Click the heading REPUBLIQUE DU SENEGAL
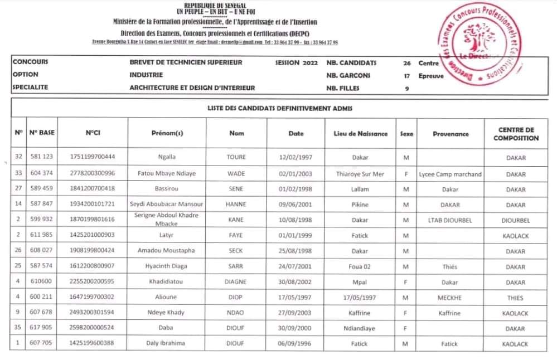tap(215, 5)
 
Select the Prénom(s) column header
tap(167, 134)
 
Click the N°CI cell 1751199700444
tap(93, 158)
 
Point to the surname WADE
tap(236, 174)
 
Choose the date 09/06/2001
tap(296, 205)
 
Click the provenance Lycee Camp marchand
tap(450, 174)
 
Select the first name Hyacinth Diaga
tap(167, 266)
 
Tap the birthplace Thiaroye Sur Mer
tap(360, 174)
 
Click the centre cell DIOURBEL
tap(516, 220)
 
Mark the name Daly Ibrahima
tap(167, 343)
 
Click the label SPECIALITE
tap(30, 87)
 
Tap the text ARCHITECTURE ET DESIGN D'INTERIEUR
tap(192, 87)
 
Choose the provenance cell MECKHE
tap(450, 298)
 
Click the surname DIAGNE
tap(236, 282)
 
